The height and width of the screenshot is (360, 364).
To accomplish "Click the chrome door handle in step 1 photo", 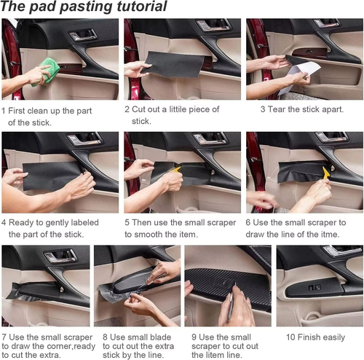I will point(82,34).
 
